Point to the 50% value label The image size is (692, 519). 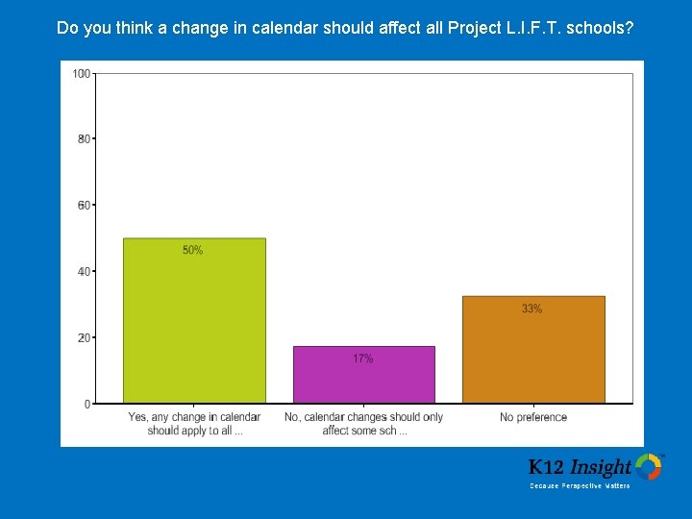pyautogui.click(x=192, y=250)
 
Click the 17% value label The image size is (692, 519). pyautogui.click(x=362, y=358)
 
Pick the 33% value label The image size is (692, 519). pyautogui.click(x=531, y=309)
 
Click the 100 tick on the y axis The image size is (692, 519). pyautogui.click(x=82, y=74)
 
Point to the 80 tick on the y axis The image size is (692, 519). pyautogui.click(x=84, y=139)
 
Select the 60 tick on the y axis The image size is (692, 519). pyautogui.click(x=84, y=206)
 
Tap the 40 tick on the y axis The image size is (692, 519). pyautogui.click(x=84, y=272)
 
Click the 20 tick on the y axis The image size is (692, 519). pyautogui.click(x=84, y=338)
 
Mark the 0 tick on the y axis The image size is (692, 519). pyautogui.click(x=86, y=405)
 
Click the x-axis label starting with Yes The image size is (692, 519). pyautogui.click(x=194, y=424)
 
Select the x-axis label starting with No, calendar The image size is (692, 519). pyautogui.click(x=363, y=424)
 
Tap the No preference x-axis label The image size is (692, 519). pyautogui.click(x=533, y=417)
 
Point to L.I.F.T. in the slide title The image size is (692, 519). pyautogui.click(x=528, y=28)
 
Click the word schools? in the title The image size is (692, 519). pyautogui.click(x=600, y=28)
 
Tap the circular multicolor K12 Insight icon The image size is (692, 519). pyautogui.click(x=649, y=467)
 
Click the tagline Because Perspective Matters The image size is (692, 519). pyautogui.click(x=580, y=486)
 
